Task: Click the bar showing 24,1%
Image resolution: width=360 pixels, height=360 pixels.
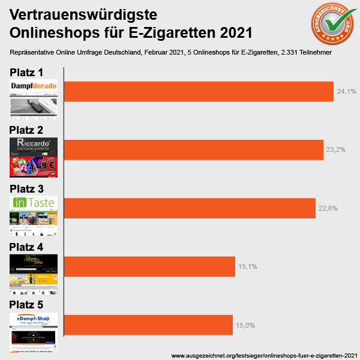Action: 198,91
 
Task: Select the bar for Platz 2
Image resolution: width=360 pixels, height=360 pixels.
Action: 194,149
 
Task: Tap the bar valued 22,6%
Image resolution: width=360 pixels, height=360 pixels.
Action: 190,208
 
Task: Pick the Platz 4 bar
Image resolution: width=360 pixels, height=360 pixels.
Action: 149,266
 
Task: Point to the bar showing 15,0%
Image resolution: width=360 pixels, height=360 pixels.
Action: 148,325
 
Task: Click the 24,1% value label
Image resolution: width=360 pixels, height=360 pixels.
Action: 347,92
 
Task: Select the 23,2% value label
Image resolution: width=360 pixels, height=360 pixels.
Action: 335,149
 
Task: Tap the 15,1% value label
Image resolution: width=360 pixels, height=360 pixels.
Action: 247,266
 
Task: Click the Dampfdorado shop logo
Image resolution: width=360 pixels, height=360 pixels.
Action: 34,86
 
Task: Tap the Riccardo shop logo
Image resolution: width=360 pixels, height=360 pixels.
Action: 34,145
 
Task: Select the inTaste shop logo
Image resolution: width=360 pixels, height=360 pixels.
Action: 34,203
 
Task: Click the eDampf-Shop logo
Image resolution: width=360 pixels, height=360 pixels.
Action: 34,319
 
